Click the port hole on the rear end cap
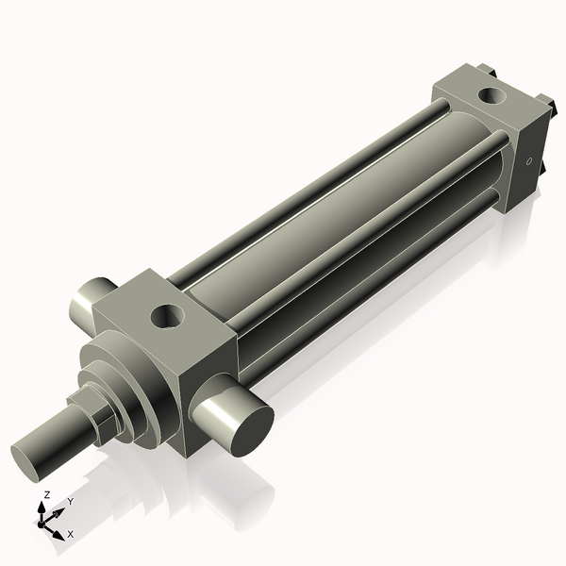coord(491,94)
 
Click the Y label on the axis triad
coord(71,503)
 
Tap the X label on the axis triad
coord(70,534)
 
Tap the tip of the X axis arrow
coord(59,533)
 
